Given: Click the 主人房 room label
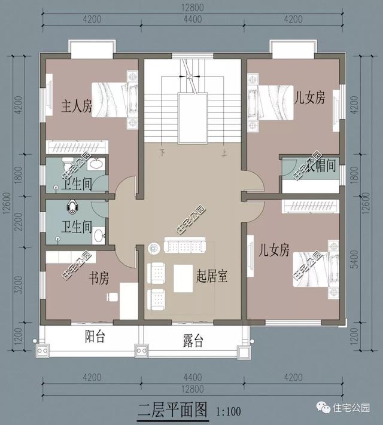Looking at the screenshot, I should coord(77,106).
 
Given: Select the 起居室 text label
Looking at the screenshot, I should coord(214,276).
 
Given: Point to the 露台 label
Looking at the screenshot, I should coord(193,341).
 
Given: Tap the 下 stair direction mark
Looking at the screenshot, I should coord(162,152).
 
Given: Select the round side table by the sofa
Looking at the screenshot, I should coord(154,246).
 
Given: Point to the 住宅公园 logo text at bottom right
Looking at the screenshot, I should coord(352,407).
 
